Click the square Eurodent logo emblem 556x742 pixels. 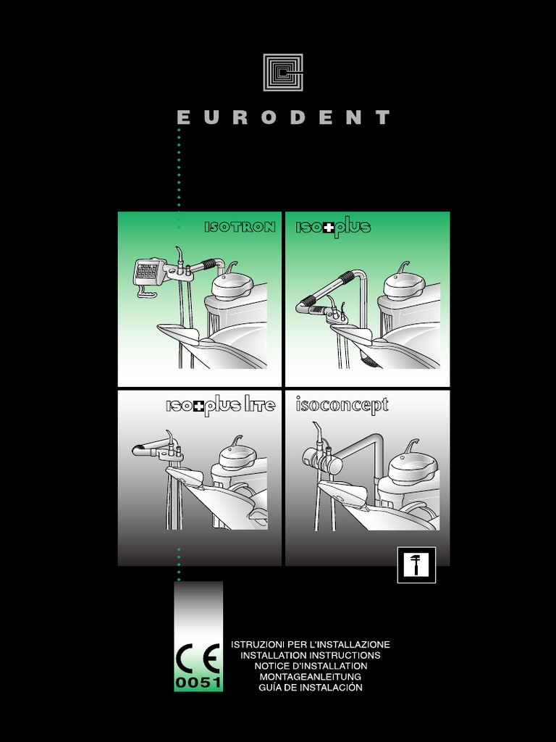[x=283, y=72]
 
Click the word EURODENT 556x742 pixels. [x=284, y=117]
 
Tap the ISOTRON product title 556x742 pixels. [x=240, y=227]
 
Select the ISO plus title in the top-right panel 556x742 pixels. [x=333, y=227]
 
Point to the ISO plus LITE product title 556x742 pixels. [x=220, y=406]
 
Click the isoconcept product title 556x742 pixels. [x=342, y=405]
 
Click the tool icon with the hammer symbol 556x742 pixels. [x=416, y=564]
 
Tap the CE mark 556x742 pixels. [x=198, y=658]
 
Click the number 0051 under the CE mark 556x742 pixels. [x=198, y=683]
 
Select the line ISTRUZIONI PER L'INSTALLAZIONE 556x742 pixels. [x=310, y=644]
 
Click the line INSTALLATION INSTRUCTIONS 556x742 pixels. [x=310, y=655]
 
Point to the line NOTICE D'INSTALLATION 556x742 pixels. [x=310, y=666]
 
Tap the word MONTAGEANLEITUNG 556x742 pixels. [x=310, y=677]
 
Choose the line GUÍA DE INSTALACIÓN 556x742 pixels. [x=310, y=687]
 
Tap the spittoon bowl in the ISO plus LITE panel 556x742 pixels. [x=237, y=457]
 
